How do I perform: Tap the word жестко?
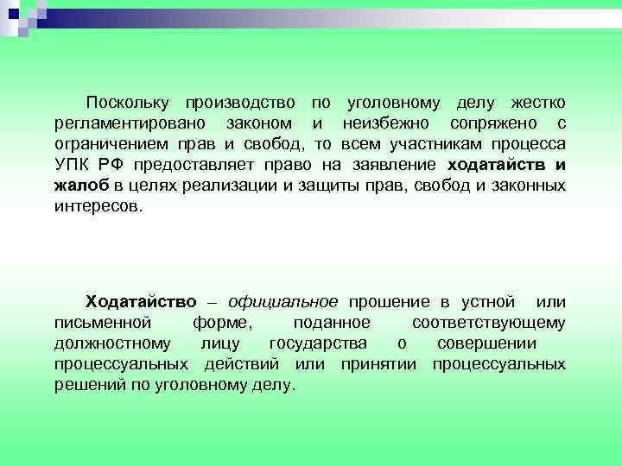click(537, 103)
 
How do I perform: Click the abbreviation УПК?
click(73, 165)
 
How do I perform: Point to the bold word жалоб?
click(80, 186)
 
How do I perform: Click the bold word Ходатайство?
click(140, 302)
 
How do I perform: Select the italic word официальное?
click(283, 302)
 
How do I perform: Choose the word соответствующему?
click(489, 323)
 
